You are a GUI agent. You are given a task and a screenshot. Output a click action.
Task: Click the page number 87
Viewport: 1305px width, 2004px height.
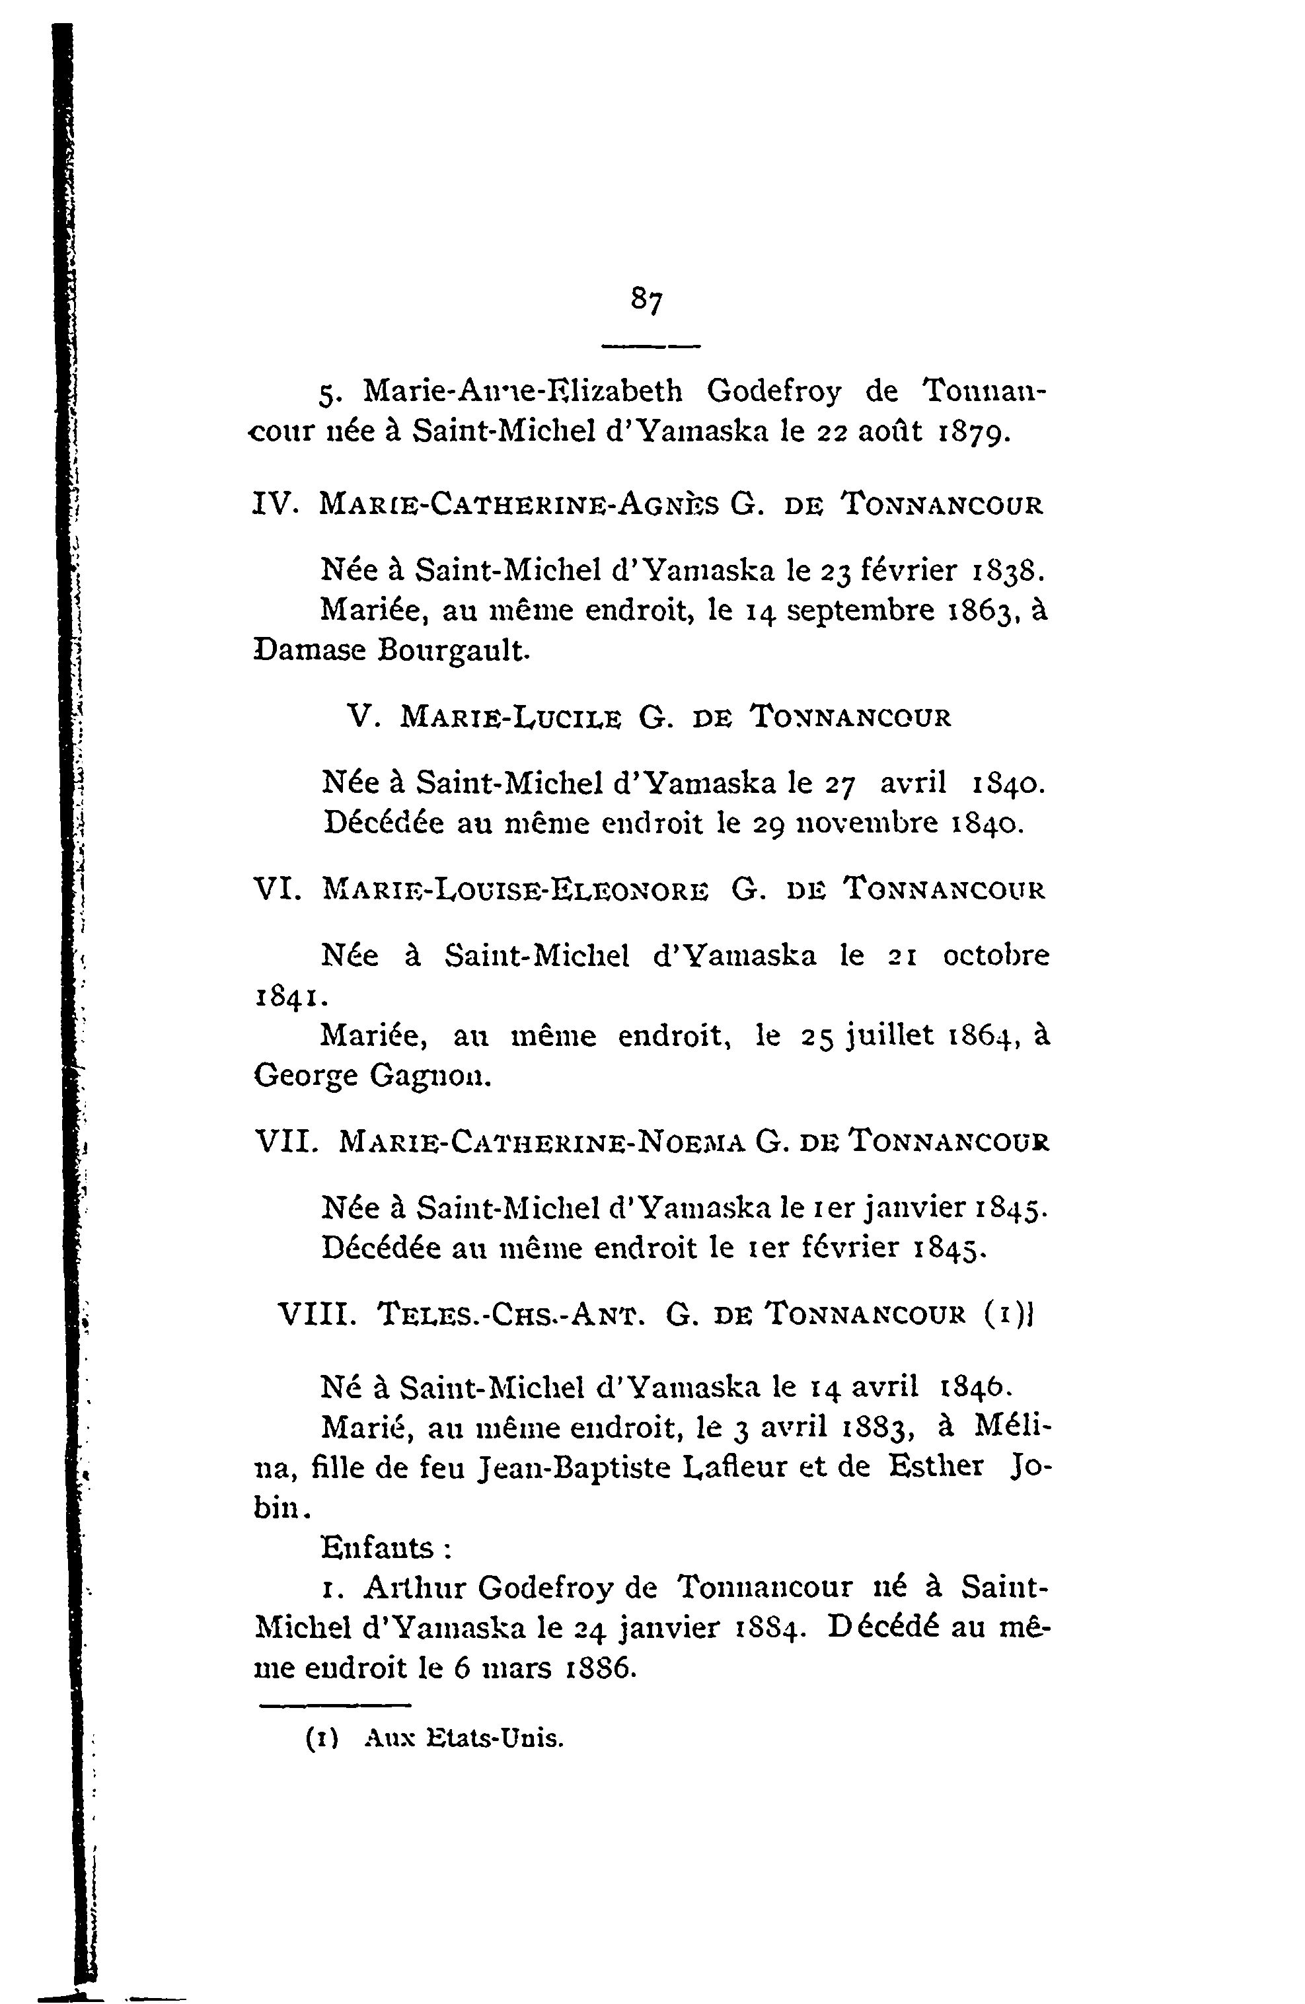point(647,301)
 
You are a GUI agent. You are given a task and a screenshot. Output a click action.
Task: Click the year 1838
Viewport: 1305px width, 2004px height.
point(1008,571)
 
